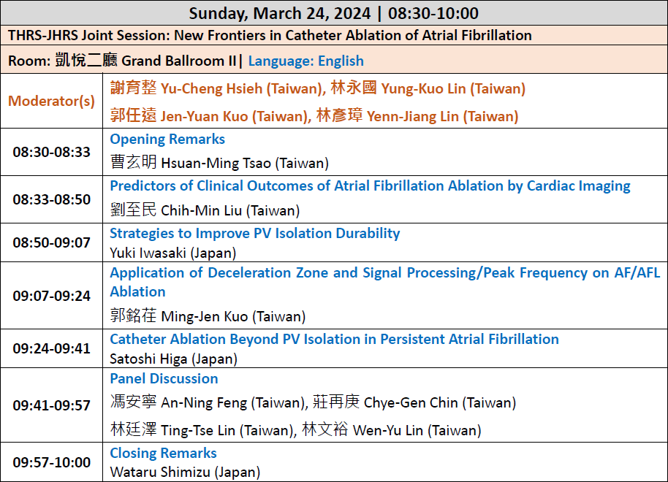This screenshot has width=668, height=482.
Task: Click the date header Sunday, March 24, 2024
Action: [x=280, y=13]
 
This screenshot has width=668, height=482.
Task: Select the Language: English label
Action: [x=306, y=61]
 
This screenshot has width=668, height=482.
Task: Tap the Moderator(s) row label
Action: [x=52, y=101]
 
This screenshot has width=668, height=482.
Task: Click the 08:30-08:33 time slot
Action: [x=52, y=152]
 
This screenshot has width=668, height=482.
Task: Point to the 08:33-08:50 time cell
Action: [x=52, y=199]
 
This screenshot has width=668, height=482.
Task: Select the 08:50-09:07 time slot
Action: [x=52, y=242]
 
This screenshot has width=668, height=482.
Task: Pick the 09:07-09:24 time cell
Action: [x=52, y=296]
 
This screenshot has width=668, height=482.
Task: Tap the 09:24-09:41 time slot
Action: [x=52, y=348]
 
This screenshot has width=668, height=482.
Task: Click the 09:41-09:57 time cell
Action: [x=52, y=405]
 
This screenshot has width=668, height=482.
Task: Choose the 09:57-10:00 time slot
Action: [x=52, y=462]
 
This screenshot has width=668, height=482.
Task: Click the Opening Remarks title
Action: [x=167, y=139]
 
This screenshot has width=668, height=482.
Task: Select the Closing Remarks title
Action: [x=163, y=453]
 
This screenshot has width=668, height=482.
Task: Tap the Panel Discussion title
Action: [x=164, y=378]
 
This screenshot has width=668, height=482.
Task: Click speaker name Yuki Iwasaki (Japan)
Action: [x=173, y=253]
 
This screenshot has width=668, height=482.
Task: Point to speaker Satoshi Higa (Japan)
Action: [x=174, y=359]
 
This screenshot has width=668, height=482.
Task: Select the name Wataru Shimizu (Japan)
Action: [x=185, y=473]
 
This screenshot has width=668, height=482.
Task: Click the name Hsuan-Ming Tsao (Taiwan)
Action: [x=245, y=163]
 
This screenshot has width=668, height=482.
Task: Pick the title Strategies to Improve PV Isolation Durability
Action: [x=255, y=234]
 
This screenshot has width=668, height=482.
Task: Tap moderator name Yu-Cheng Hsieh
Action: [x=212, y=88]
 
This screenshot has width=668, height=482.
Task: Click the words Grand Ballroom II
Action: [x=179, y=61]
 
